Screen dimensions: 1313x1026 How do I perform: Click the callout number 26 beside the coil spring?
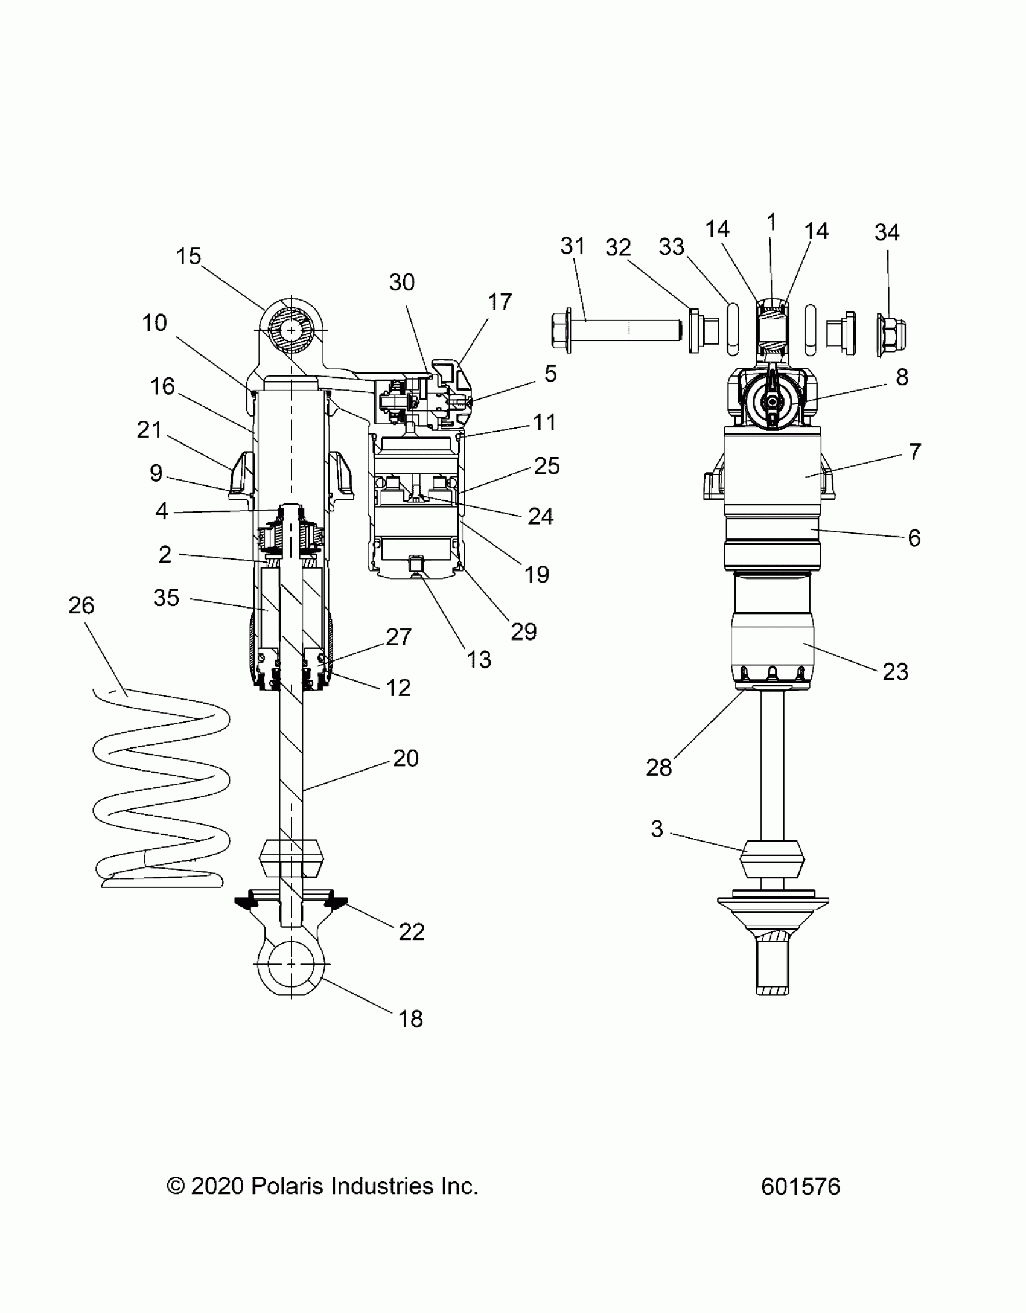(x=81, y=605)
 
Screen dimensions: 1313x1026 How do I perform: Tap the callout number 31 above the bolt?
(x=573, y=246)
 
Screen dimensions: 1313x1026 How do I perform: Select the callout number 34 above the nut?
(x=887, y=232)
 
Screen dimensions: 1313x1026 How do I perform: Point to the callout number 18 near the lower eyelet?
(x=410, y=1019)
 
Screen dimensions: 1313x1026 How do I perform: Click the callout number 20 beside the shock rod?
(x=405, y=758)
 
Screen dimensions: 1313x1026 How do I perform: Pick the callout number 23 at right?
(x=895, y=672)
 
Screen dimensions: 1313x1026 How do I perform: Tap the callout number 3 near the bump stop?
(x=657, y=829)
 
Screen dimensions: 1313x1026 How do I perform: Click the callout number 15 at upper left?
(x=188, y=256)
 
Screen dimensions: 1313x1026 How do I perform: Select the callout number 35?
(x=166, y=598)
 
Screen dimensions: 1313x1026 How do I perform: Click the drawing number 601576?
(x=800, y=1187)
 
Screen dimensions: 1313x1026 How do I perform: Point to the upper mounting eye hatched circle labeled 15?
(x=292, y=331)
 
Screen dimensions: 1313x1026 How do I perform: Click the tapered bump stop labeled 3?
(x=773, y=858)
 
